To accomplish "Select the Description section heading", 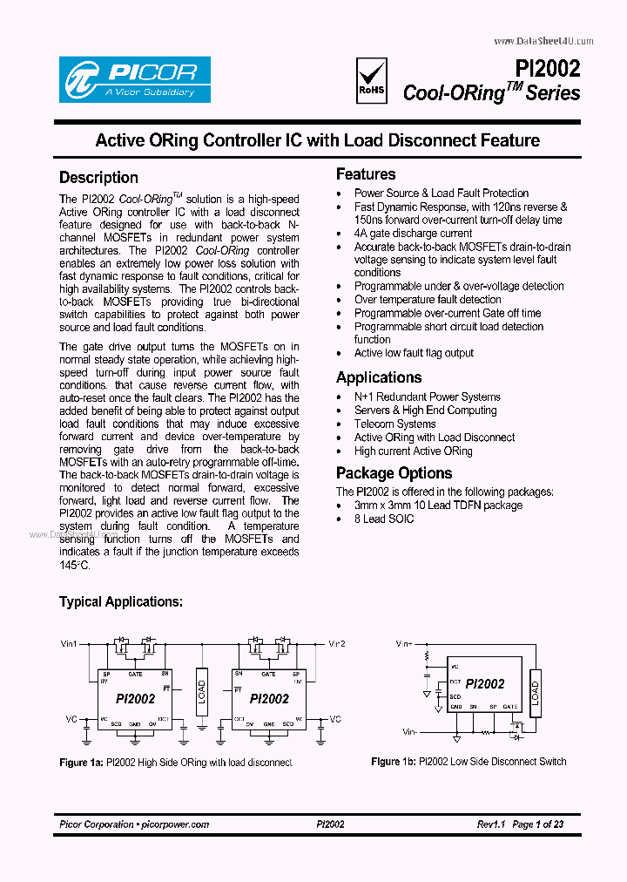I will click(x=98, y=178).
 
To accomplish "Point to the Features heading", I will click(x=366, y=174).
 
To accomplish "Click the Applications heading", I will click(x=379, y=377).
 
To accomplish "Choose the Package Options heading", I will click(x=394, y=473).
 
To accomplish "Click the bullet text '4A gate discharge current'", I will click(x=413, y=234).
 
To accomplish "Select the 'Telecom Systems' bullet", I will click(x=394, y=424).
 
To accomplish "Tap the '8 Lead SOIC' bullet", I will click(x=384, y=519).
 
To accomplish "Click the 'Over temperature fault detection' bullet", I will click(x=428, y=299).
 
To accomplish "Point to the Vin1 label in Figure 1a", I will click(x=69, y=644).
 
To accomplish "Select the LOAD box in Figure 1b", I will click(x=536, y=693).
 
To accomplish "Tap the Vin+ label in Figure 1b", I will click(x=402, y=644).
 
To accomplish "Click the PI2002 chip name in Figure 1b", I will click(x=484, y=684).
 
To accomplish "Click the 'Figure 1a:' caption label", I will click(x=81, y=763).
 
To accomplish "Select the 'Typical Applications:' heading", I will click(x=120, y=601).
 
